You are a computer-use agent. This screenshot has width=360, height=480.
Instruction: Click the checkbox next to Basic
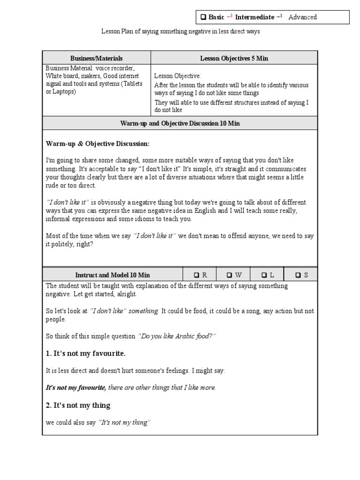(x=203, y=17)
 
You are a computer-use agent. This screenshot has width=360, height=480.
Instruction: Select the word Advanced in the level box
(x=302, y=17)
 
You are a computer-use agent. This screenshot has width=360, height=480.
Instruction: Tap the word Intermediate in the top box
(x=255, y=17)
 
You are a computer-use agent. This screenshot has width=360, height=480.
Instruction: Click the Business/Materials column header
(x=97, y=58)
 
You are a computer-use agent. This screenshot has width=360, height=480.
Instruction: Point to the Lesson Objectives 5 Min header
(x=234, y=58)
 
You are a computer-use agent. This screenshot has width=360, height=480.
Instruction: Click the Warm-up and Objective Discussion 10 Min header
(x=180, y=123)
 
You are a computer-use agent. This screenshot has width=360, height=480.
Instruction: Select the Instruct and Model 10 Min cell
(x=112, y=275)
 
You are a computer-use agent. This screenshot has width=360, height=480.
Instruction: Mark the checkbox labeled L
(x=264, y=275)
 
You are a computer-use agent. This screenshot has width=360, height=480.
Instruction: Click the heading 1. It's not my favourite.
(x=85, y=353)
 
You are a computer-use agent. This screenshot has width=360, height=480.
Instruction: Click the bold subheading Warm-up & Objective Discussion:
(x=97, y=143)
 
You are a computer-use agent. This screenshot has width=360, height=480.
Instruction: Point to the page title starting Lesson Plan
(x=180, y=31)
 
